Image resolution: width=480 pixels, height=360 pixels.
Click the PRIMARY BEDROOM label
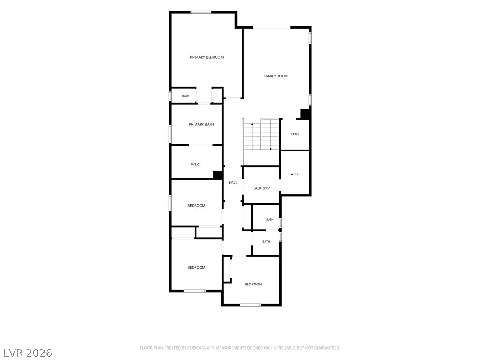click(207, 57)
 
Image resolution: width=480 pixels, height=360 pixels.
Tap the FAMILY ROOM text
click(276, 76)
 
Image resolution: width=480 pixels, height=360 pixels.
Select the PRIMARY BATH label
click(201, 124)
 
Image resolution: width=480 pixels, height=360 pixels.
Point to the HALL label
click(233, 183)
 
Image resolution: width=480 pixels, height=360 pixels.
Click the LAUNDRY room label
click(261, 188)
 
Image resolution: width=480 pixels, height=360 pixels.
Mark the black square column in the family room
click(305, 114)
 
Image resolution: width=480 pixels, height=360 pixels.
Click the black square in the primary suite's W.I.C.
click(217, 175)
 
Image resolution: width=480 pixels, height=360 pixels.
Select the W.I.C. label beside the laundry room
click(295, 174)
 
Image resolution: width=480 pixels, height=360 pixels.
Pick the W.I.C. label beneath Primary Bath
click(195, 165)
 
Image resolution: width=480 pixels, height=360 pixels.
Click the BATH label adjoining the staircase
click(294, 134)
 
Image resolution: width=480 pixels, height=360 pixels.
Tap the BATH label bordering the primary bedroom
click(186, 96)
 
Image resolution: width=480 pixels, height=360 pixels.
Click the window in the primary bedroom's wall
click(201, 12)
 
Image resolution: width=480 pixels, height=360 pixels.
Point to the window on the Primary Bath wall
click(170, 134)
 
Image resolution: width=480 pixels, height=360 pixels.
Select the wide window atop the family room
click(271, 28)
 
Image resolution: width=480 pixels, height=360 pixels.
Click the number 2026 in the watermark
click(39, 353)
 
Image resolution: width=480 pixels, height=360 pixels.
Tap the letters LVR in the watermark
click(13, 353)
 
